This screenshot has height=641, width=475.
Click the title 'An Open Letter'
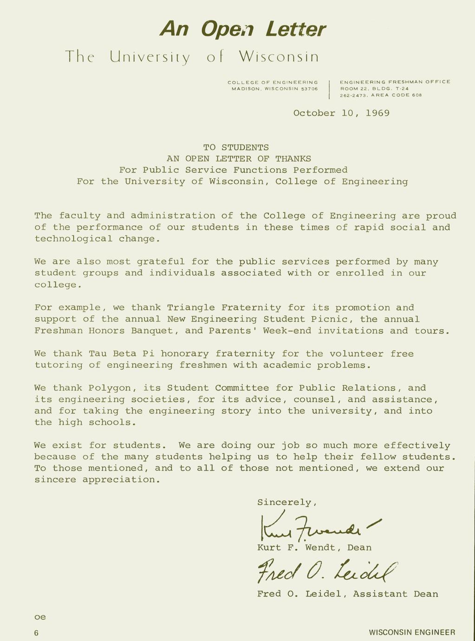point(242,29)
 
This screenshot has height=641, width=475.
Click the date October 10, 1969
point(341,113)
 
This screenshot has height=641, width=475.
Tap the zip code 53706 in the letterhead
point(309,88)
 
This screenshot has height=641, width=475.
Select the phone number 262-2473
point(352,95)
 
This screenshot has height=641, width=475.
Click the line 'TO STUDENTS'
point(236,147)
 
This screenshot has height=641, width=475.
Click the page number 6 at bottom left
point(36,633)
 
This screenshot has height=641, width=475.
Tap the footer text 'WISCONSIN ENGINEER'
point(412,632)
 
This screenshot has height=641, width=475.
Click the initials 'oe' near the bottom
point(40,617)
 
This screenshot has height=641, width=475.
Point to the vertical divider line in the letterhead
point(329,89)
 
